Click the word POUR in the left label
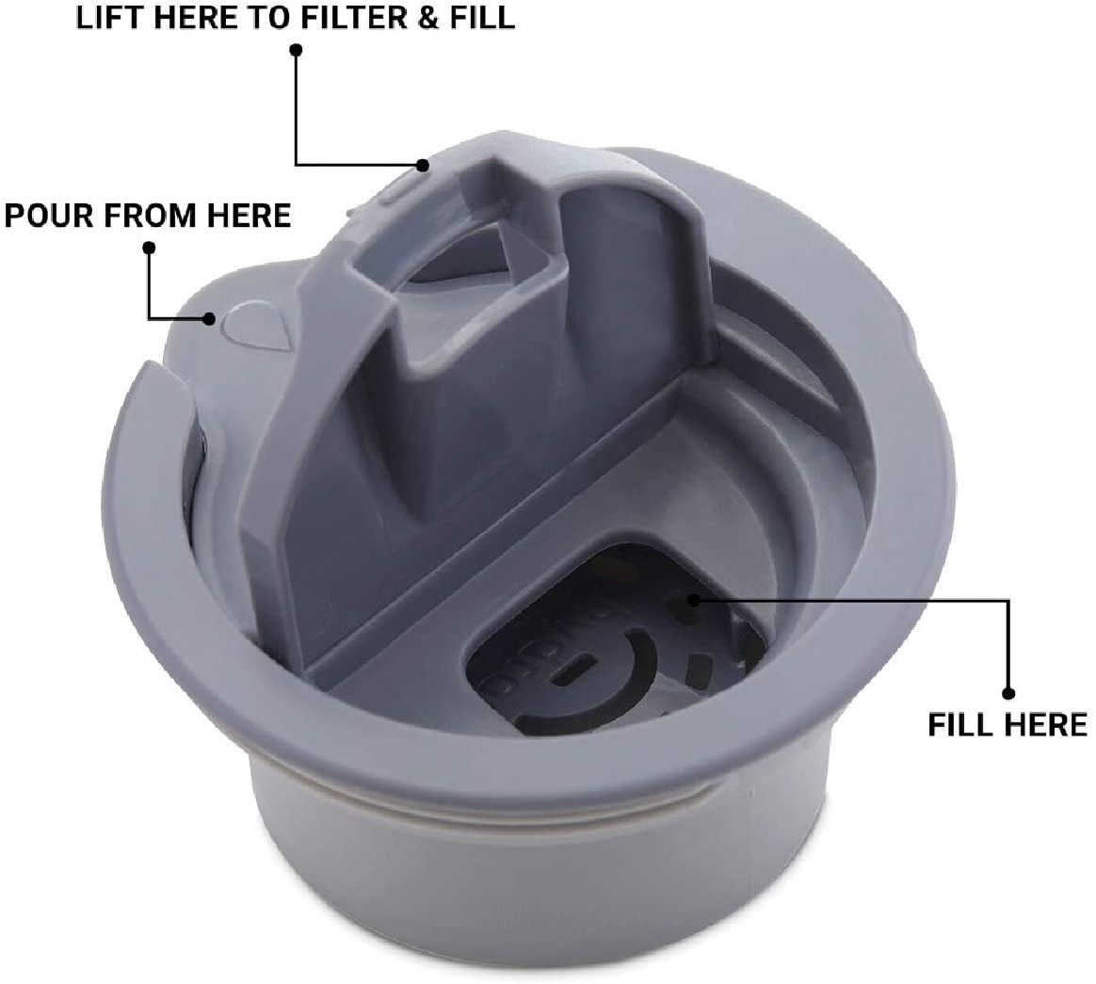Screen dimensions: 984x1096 45,215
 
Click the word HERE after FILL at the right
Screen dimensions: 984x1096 1049,725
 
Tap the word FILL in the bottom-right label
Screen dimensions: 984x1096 963,725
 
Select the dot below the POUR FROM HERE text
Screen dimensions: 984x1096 149,248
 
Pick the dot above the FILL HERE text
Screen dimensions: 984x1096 1007,693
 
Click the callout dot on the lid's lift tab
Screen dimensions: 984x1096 424,167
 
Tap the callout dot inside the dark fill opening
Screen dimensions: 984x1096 693,599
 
